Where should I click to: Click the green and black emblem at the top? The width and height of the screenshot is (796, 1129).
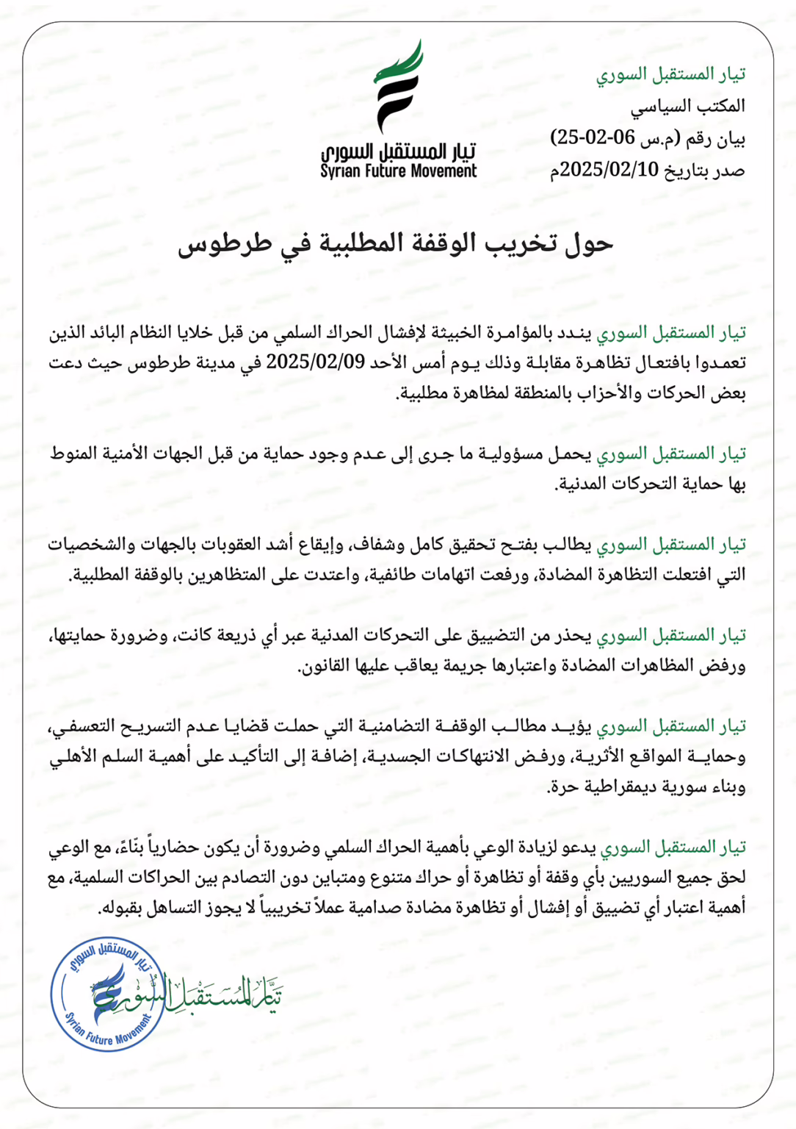tap(399, 87)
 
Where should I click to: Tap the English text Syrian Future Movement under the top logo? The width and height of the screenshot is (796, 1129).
tap(399, 171)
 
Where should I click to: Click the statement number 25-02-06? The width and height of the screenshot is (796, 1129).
tap(587, 137)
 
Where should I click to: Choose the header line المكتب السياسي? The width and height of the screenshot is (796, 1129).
tap(688, 106)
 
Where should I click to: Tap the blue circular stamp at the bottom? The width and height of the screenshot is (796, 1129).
tap(108, 994)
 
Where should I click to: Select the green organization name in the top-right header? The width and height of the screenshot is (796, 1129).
tap(671, 74)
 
